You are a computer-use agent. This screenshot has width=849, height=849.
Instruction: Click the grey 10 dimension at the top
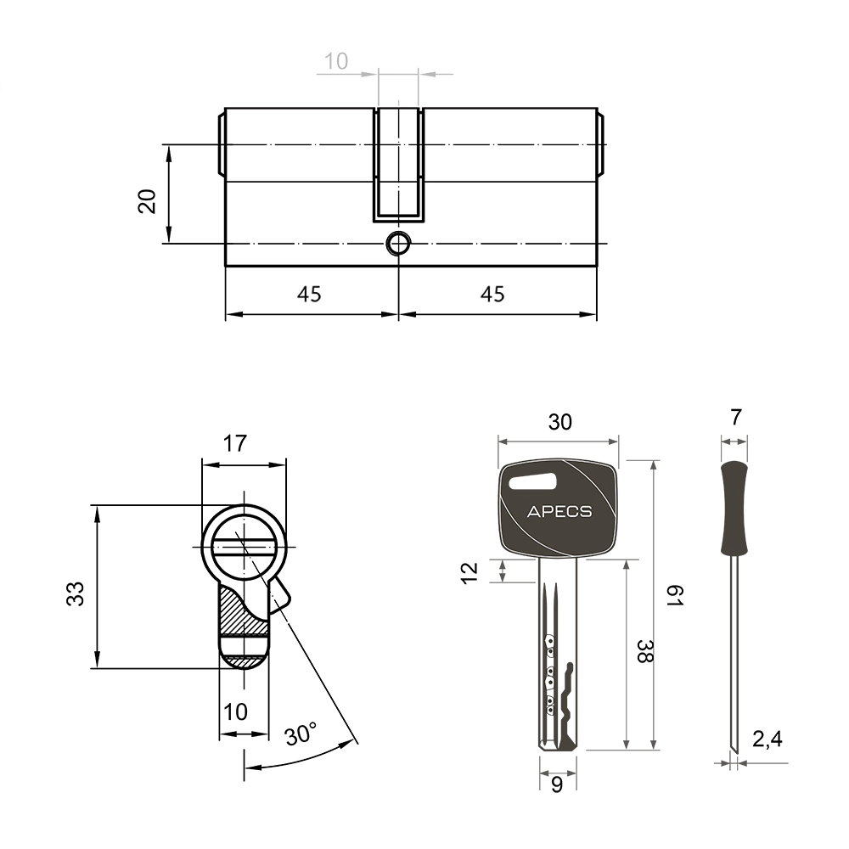[x=335, y=61]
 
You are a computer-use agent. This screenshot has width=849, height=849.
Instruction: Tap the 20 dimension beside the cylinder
[x=147, y=201]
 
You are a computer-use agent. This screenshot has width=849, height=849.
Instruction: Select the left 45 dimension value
[x=309, y=294]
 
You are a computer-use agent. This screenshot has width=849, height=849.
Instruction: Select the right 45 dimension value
[x=492, y=294]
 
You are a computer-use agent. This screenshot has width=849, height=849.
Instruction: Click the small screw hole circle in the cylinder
[x=398, y=243]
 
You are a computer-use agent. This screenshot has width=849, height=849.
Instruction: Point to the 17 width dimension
[x=235, y=443]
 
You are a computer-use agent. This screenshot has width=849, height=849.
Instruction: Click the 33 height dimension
[x=76, y=593]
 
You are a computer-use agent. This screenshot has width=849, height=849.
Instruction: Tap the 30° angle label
[x=301, y=734]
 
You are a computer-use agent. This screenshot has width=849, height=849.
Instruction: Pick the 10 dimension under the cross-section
[x=235, y=712]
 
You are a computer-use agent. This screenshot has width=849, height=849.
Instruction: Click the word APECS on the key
[x=559, y=512]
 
